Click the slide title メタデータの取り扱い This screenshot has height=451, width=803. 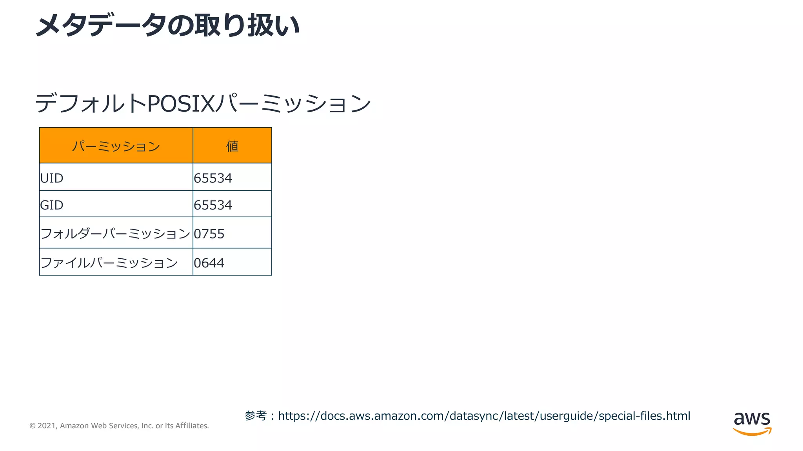(x=168, y=25)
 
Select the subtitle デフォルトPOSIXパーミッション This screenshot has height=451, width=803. (x=203, y=103)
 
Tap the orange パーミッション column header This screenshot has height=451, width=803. (x=116, y=146)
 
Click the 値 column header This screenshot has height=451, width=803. (x=232, y=146)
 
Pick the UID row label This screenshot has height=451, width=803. (x=52, y=178)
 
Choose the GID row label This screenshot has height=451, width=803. (x=52, y=205)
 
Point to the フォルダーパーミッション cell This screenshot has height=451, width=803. (x=115, y=234)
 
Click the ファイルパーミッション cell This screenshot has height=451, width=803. (x=109, y=263)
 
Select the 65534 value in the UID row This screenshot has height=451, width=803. (x=213, y=178)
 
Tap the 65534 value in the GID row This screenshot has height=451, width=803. (x=213, y=205)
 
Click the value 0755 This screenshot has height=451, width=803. (x=209, y=234)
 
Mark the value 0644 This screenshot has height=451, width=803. (x=209, y=263)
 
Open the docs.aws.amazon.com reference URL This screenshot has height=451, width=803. (x=484, y=416)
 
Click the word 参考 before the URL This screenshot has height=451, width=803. (x=256, y=415)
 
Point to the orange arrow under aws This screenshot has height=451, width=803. (x=752, y=432)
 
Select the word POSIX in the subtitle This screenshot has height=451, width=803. (x=181, y=104)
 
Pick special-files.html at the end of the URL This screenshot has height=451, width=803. (x=644, y=416)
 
